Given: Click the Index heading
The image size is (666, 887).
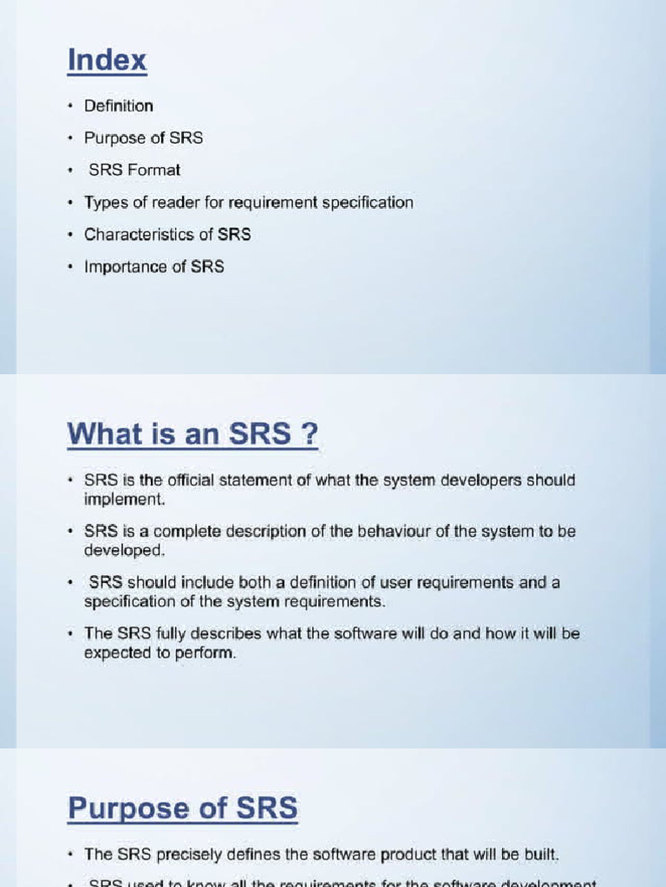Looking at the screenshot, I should click(x=108, y=62).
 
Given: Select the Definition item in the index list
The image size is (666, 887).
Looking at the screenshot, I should click(x=119, y=106).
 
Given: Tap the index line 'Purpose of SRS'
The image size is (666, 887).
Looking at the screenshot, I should click(x=143, y=138).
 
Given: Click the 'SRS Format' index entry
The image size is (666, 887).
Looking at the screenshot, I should click(x=134, y=170).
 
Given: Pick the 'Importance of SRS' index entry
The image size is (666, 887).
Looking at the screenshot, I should click(x=153, y=267).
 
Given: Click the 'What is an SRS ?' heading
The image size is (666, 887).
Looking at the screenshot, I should click(x=193, y=434).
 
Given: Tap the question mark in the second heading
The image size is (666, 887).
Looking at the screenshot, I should click(x=309, y=434).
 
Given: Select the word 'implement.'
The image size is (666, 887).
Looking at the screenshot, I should click(x=124, y=499).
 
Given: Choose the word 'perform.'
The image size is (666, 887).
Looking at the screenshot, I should click(x=207, y=653).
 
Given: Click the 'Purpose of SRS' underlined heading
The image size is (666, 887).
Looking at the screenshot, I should click(x=183, y=809).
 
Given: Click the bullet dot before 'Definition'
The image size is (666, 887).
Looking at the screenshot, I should click(x=70, y=107).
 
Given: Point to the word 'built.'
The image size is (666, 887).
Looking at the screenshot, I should click(x=539, y=854).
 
